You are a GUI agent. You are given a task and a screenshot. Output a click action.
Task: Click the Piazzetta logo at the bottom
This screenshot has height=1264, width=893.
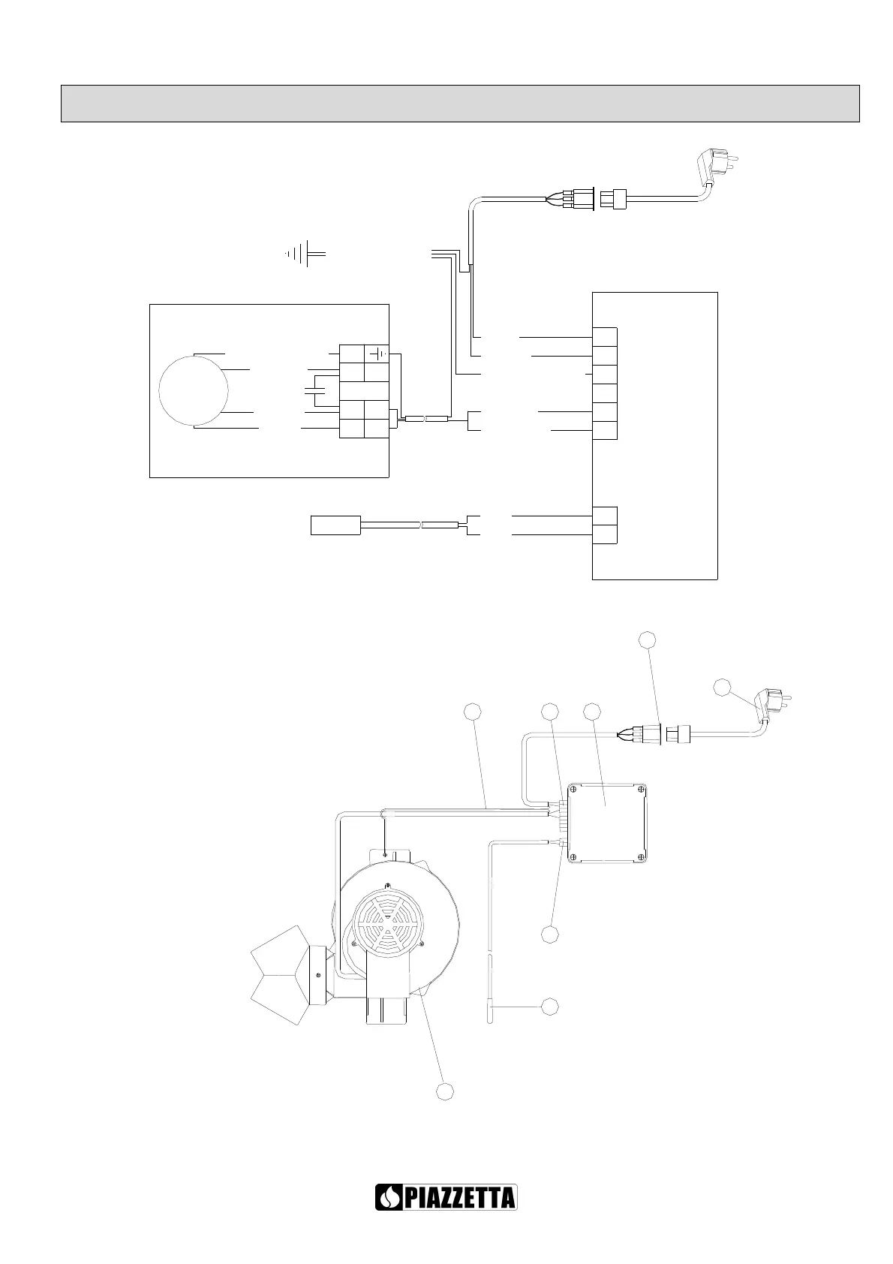446,1196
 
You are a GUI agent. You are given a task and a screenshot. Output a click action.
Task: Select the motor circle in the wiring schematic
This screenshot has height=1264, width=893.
194,390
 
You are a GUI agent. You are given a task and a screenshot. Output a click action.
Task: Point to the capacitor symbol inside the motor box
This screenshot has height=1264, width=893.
314,390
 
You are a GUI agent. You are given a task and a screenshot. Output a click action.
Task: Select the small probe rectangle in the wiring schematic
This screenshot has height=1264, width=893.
335,525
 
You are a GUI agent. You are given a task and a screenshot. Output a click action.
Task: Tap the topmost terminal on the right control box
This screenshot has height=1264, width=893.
605,337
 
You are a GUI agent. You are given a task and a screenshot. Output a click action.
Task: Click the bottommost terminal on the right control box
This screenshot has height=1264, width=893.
605,534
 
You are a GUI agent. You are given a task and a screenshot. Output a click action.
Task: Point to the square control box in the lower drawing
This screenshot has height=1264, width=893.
607,823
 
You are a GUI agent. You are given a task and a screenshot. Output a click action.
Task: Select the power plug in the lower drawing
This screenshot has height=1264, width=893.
771,707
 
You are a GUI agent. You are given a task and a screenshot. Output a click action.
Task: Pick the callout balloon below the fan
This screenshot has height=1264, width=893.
446,1091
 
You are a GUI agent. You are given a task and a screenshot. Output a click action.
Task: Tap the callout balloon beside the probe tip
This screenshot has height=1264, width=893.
550,1006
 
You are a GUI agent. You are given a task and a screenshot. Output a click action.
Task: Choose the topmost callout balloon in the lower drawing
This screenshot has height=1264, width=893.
647,640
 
